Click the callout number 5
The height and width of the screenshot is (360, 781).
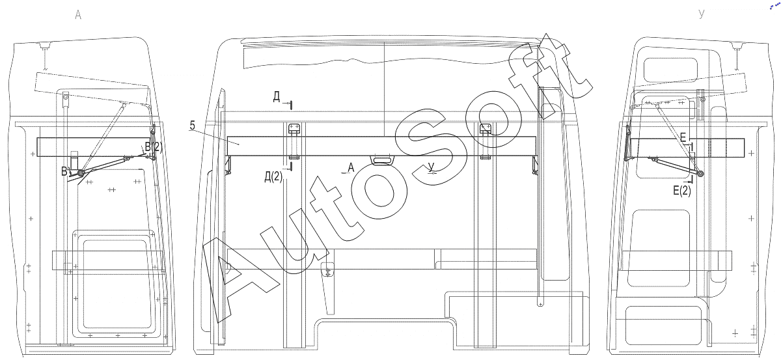point(193,125)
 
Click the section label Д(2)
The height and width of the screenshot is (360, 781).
point(273,177)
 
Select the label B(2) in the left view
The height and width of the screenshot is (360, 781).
point(154,147)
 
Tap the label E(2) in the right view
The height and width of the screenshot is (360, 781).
point(681,191)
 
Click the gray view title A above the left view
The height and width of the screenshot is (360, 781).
point(78,15)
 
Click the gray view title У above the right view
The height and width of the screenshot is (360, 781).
point(702,14)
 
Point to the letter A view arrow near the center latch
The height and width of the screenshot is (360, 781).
point(351,168)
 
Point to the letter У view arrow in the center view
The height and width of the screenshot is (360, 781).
point(432,167)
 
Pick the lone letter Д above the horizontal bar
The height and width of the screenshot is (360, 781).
point(277,96)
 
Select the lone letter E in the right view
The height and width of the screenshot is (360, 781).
point(683,137)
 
